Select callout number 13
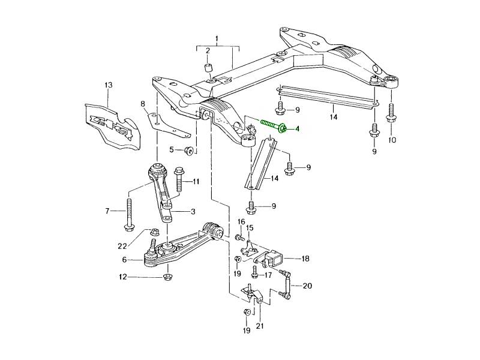(x=109, y=85)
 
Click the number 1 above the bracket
(x=217, y=38)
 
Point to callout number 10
(x=392, y=140)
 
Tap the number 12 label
(x=123, y=277)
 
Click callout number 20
(x=308, y=286)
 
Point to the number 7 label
(x=109, y=211)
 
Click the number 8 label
(x=143, y=104)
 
